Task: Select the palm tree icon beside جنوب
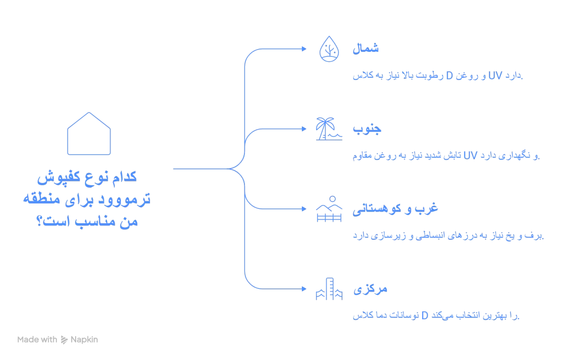point(328,129)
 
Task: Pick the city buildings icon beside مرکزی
point(328,289)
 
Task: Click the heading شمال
point(365,49)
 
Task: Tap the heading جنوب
point(367,130)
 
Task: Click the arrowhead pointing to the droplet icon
point(304,49)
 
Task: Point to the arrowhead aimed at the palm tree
point(304,129)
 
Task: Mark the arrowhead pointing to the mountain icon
point(304,209)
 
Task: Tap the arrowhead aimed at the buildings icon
point(304,289)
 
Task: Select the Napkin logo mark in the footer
point(64,340)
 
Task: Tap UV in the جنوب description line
point(470,156)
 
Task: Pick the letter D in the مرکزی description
point(425,316)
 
